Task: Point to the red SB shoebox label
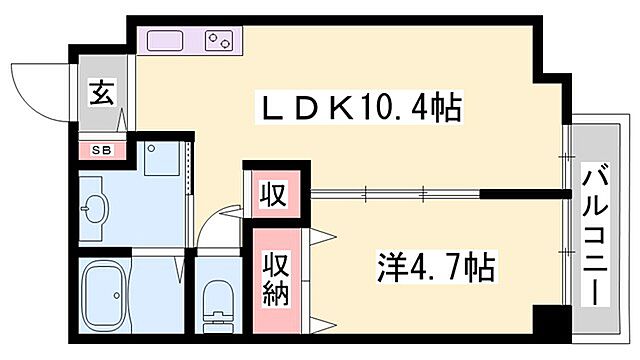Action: [x=101, y=151]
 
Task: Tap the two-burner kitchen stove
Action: [x=218, y=41]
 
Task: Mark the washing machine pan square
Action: [x=160, y=160]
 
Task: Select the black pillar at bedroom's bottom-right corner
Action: [x=547, y=326]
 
